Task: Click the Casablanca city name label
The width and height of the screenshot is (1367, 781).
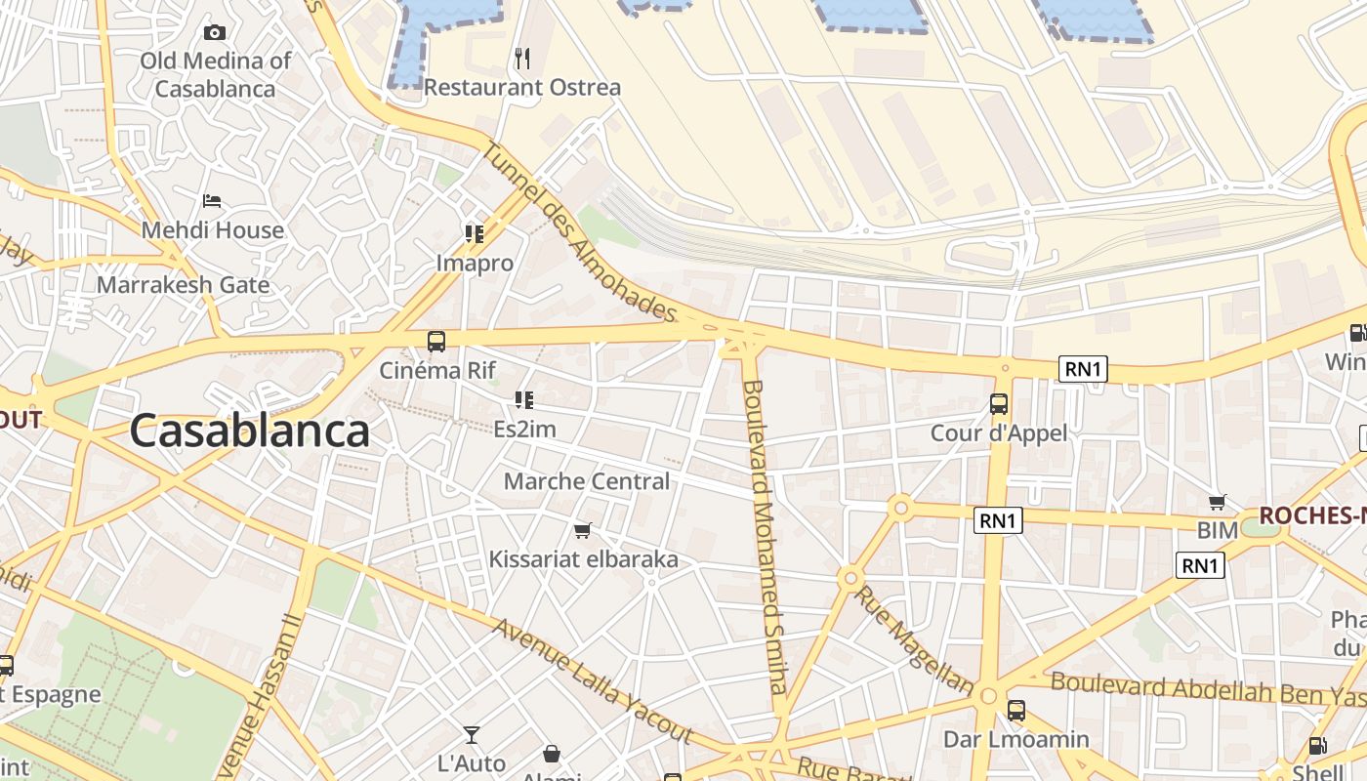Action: (249, 431)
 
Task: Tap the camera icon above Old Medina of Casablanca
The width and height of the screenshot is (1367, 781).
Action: (215, 32)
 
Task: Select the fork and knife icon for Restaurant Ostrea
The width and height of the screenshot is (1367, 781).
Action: (522, 59)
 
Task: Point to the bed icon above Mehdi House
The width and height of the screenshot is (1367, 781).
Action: (212, 201)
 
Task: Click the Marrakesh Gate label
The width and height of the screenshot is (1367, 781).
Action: (183, 285)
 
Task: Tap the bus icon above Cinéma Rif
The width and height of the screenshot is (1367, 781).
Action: (436, 342)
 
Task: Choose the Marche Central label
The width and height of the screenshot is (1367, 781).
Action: (587, 481)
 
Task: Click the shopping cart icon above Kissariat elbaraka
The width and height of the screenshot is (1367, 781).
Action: (583, 530)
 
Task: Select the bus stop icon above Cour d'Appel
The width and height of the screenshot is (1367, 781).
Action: (999, 403)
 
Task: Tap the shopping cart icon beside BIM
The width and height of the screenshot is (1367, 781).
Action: (1218, 503)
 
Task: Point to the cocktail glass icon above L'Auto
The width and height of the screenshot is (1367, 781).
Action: (472, 735)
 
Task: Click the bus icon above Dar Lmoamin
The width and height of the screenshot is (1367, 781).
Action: (1016, 710)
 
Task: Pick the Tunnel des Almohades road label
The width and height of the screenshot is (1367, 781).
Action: (580, 233)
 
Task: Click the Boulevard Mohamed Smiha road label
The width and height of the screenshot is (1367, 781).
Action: (765, 537)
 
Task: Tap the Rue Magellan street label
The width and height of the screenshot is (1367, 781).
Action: (913, 640)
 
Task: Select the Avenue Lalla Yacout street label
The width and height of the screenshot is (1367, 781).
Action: (592, 680)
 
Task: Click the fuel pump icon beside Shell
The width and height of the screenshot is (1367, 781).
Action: (1318, 747)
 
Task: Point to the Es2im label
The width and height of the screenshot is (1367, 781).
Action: (524, 430)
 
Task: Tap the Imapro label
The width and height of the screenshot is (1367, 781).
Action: (475, 264)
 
